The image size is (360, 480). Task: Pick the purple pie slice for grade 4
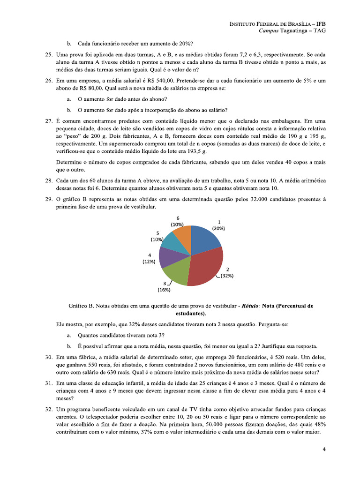(x=166, y=256)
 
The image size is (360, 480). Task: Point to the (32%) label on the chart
(x=227, y=276)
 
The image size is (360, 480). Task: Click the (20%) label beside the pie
(x=218, y=228)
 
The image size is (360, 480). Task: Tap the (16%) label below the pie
(x=164, y=290)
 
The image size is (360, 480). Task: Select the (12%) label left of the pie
(x=149, y=262)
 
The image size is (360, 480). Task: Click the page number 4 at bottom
(x=324, y=449)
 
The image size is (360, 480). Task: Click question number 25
(x=48, y=55)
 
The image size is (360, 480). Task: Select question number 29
(x=48, y=199)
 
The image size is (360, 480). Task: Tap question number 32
(x=48, y=410)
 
